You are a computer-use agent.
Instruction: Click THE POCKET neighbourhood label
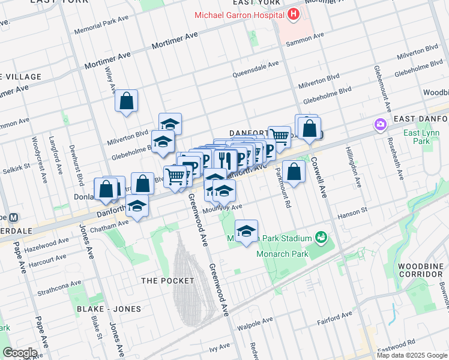(167, 281)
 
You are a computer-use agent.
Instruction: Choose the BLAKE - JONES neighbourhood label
(109, 309)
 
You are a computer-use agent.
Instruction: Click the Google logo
(19, 353)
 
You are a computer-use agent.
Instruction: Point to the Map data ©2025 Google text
(412, 355)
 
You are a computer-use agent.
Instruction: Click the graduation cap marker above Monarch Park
(246, 231)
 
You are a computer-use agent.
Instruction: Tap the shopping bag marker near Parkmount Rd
(294, 172)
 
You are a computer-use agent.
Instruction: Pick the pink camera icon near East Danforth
(379, 125)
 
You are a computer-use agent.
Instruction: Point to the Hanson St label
(355, 211)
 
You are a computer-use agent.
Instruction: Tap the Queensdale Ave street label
(256, 69)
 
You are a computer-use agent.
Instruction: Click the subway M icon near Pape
(13, 217)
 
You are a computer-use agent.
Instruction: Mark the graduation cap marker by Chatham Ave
(137, 208)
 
